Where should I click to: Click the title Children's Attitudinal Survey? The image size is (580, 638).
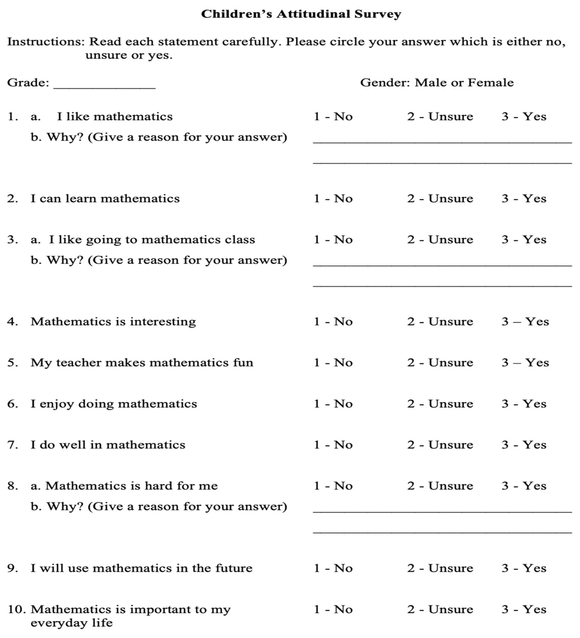301,14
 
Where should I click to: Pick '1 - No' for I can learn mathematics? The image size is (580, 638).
333,198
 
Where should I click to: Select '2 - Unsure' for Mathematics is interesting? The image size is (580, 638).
440,322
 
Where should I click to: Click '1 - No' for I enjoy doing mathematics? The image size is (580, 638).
333,404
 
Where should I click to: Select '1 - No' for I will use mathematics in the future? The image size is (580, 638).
333,568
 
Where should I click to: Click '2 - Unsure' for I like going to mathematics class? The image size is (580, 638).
440,240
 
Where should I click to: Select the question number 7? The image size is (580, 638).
12,445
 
